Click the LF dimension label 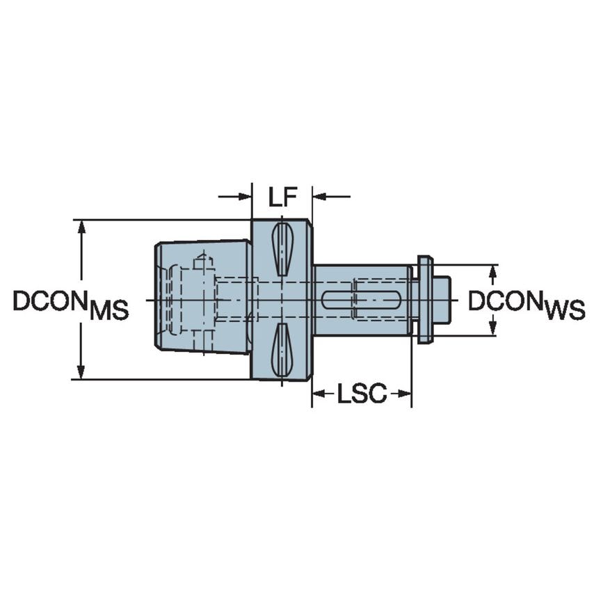[282, 198]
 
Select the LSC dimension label [362, 394]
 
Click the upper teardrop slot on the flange [282, 249]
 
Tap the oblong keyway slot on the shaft [362, 300]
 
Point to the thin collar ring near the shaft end [424, 300]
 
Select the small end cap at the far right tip [441, 300]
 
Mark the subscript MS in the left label [109, 311]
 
